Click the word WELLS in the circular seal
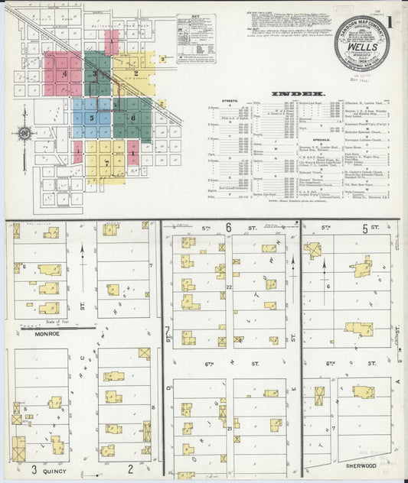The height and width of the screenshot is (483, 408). [361, 46]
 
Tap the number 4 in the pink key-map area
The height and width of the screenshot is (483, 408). [66, 73]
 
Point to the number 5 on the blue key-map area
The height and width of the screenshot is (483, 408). [92, 118]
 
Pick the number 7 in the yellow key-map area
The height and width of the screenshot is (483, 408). [106, 162]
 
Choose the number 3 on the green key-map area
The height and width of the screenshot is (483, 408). [95, 73]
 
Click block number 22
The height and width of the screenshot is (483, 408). [229, 286]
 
